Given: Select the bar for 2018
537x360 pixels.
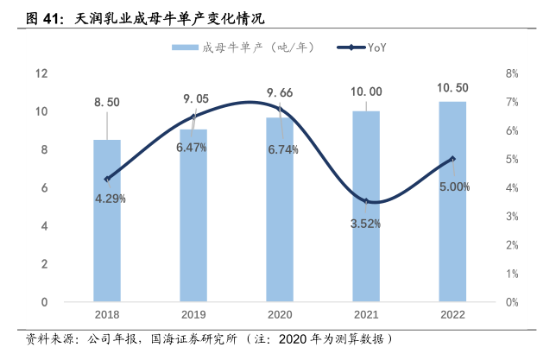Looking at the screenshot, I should pyautogui.click(x=107, y=221).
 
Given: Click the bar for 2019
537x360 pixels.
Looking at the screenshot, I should pyautogui.click(x=193, y=216).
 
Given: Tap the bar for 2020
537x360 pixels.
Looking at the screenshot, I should pyautogui.click(x=280, y=210).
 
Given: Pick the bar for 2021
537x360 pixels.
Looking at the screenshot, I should pyautogui.click(x=366, y=207).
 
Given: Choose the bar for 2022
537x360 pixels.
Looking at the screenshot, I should pyautogui.click(x=452, y=202).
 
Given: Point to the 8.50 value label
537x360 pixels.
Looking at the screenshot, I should pyautogui.click(x=107, y=103).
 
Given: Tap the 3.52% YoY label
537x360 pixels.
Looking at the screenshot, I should pyautogui.click(x=366, y=223).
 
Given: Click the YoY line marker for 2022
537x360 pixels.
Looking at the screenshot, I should pyautogui.click(x=452, y=159).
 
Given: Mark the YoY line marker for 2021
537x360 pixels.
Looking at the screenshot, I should pyautogui.click(x=366, y=202).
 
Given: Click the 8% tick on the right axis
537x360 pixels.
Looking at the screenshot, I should pyautogui.click(x=511, y=73).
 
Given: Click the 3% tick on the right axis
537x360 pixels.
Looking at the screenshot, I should pyautogui.click(x=511, y=217).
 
